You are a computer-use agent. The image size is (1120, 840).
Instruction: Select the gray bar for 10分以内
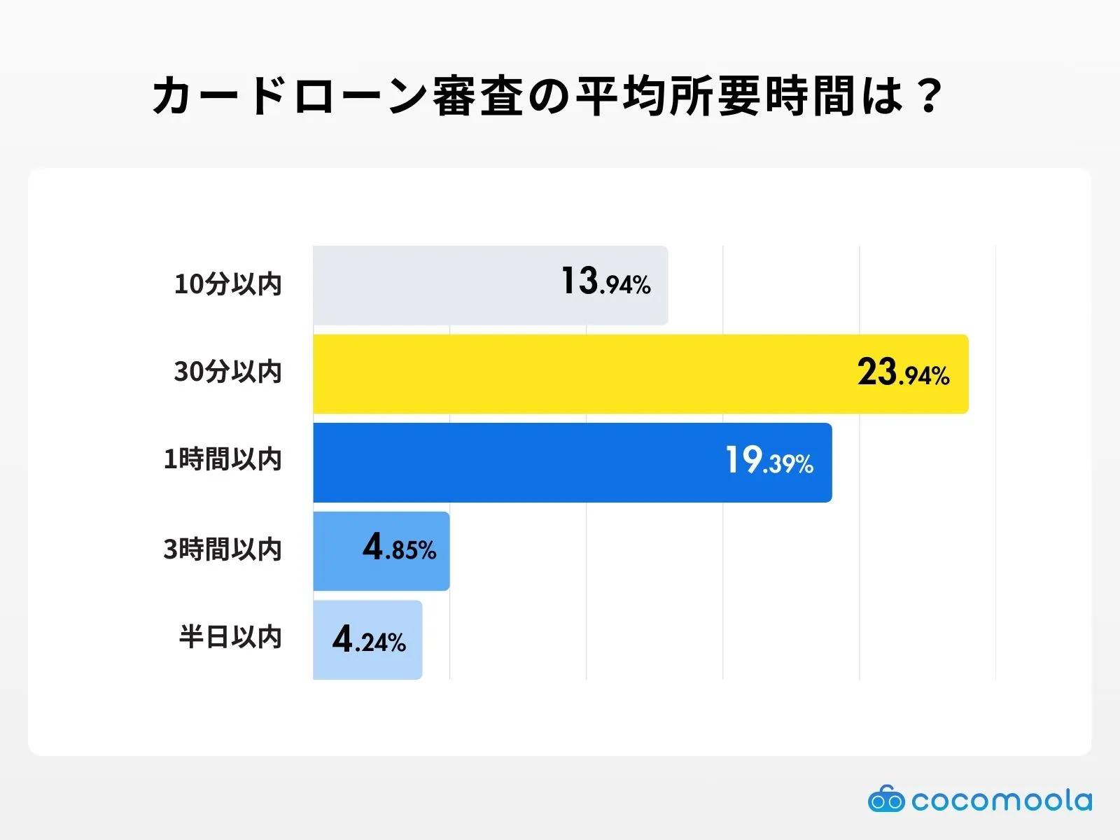[x=434, y=285]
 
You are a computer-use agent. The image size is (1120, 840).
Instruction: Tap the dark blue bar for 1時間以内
[x=518, y=463]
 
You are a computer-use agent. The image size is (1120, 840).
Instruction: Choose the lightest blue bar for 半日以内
[x=322, y=640]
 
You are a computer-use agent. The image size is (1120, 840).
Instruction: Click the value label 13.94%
[x=606, y=281]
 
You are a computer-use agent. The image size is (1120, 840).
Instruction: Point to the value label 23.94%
[x=903, y=372]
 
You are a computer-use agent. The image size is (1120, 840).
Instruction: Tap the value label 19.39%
[x=769, y=461]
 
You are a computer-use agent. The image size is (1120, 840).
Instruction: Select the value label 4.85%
[x=400, y=548]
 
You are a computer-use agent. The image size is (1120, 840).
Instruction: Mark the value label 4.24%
[x=369, y=640]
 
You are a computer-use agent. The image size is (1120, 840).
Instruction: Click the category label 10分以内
[x=227, y=284]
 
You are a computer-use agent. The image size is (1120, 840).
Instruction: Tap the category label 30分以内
[x=227, y=372]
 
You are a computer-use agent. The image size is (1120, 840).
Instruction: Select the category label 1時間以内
[x=223, y=460]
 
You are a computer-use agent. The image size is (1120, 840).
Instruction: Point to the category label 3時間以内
[x=223, y=549]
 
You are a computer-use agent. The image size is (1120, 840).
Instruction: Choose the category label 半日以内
[x=230, y=638]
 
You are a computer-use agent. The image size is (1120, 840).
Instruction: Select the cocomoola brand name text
[x=1002, y=800]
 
